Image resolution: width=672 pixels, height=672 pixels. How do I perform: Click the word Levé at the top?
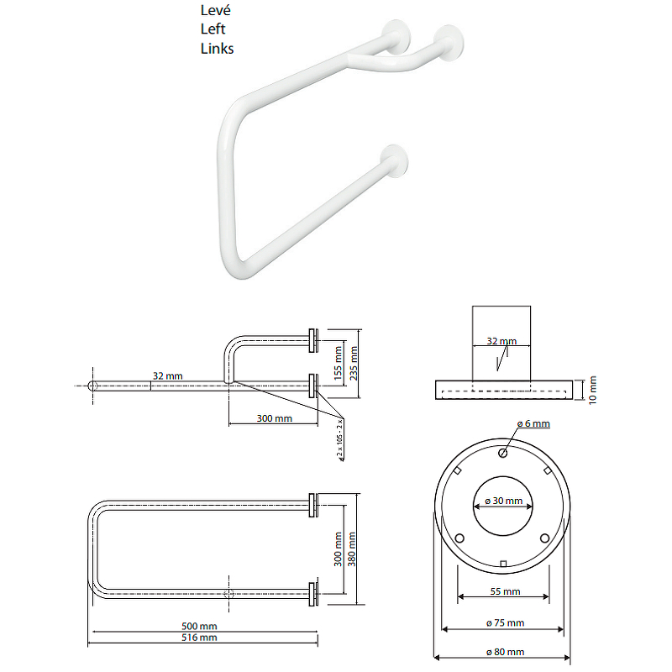[x=215, y=11]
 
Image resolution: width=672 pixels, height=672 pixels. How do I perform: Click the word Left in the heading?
[x=213, y=29]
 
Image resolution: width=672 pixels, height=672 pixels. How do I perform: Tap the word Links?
[x=217, y=49]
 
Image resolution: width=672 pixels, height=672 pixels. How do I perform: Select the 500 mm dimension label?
[x=200, y=627]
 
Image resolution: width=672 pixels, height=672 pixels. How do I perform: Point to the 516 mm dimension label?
[x=200, y=638]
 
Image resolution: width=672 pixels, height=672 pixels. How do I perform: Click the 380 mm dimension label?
[x=352, y=549]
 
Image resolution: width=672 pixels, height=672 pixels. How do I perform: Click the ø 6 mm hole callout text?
[x=533, y=424]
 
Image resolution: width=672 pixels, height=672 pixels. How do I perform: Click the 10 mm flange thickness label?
[x=592, y=391]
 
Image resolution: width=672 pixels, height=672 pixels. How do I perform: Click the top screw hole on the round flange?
[x=502, y=454]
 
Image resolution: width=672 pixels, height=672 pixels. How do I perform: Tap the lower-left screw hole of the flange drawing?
[x=459, y=538]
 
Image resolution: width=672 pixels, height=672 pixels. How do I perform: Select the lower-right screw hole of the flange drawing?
[x=545, y=538]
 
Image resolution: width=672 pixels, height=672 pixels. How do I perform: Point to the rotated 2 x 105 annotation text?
[x=341, y=437]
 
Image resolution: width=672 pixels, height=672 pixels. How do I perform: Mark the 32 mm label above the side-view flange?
[x=502, y=342]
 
